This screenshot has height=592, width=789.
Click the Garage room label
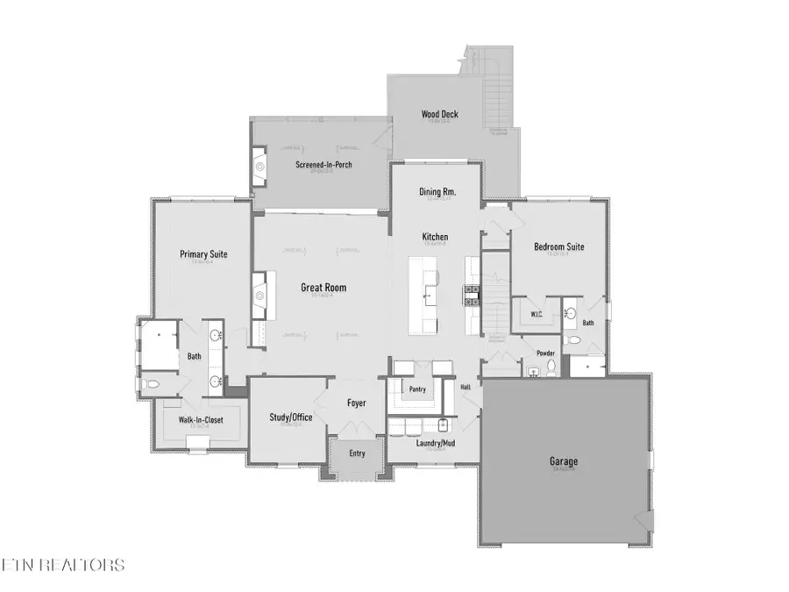coord(565,461)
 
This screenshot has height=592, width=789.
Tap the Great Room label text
coord(323,287)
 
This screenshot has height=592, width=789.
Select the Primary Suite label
coord(203,254)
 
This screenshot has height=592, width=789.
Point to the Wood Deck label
coord(439,114)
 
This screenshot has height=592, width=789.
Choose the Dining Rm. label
coord(437,191)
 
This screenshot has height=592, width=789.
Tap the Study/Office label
coord(291,417)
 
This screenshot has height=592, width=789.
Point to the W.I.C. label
coord(538,314)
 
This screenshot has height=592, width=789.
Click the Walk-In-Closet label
coord(201,420)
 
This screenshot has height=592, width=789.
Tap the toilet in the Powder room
coord(551,365)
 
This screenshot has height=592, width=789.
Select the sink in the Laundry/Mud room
coord(443,426)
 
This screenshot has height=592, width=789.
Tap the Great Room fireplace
coord(259,288)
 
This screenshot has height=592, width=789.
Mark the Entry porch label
coord(357,453)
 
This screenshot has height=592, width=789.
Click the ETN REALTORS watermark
coord(63,565)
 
